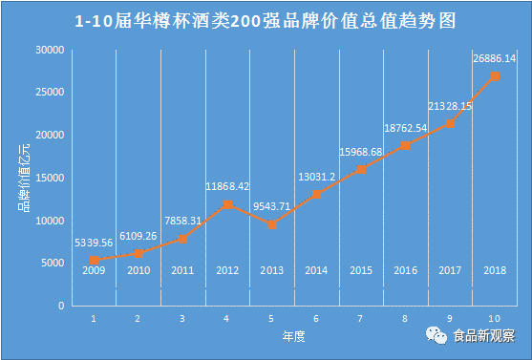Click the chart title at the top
click(x=266, y=20)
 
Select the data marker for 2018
click(x=495, y=76)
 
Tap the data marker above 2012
click(x=227, y=204)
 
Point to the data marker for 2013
click(x=272, y=224)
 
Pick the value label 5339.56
click(x=94, y=243)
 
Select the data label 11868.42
click(x=226, y=186)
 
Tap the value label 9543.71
click(x=272, y=207)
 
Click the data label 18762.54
click(x=406, y=127)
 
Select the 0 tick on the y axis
click(x=60, y=306)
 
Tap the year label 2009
click(x=94, y=270)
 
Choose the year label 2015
click(x=361, y=270)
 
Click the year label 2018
click(x=495, y=270)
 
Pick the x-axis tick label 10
click(x=495, y=318)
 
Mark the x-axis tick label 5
click(x=272, y=318)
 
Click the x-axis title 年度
click(x=293, y=337)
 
